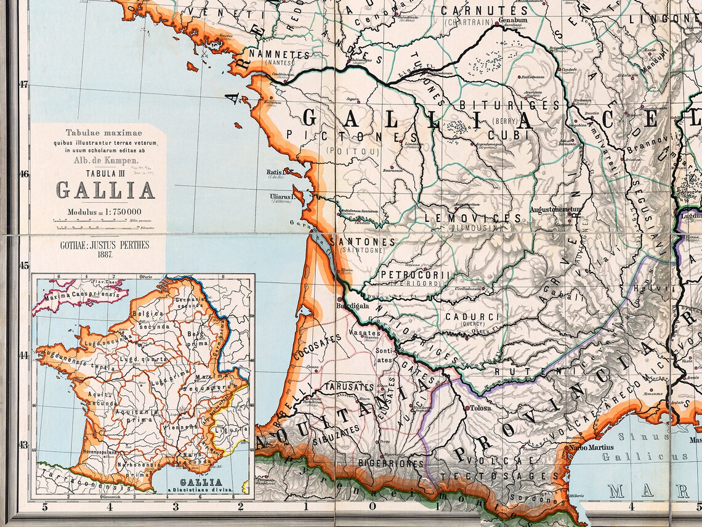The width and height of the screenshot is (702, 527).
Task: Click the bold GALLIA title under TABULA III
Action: click(105, 190)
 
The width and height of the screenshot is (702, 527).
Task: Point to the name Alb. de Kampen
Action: click(105, 160)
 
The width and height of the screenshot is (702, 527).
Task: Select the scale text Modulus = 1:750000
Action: click(106, 213)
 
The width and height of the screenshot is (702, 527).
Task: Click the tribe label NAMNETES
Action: click(280, 55)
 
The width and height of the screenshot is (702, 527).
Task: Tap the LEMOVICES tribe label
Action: click(473, 218)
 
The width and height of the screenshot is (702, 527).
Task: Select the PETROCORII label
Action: click(416, 274)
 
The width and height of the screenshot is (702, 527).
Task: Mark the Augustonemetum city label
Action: click(555, 210)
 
